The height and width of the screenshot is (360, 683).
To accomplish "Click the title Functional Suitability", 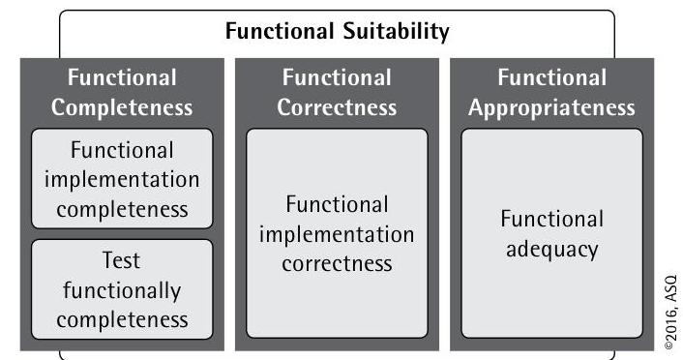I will (337, 32).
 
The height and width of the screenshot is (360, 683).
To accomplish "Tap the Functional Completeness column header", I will (122, 92).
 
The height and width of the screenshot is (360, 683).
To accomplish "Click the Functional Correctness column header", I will (337, 92).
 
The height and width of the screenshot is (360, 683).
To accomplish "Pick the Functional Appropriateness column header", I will (551, 92).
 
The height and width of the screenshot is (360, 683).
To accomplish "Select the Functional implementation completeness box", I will (122, 180).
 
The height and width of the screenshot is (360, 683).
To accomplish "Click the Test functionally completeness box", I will (122, 289).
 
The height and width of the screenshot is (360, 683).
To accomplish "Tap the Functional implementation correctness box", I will (337, 233).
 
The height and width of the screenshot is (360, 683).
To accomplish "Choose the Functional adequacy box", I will (551, 233).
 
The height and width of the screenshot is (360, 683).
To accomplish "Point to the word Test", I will (122, 261).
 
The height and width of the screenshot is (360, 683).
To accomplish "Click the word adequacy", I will (551, 249).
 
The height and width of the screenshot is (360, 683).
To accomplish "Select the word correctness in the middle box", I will (337, 263).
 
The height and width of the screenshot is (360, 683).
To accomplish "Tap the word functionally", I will (122, 289).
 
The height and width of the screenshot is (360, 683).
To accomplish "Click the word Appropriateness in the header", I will (551, 106).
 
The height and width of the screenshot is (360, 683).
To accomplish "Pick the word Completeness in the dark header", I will (122, 106).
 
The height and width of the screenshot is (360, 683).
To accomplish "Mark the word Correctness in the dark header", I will (337, 106).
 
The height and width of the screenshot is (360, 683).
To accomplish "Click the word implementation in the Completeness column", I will (122, 180).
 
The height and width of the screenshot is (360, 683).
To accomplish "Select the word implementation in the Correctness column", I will (337, 234).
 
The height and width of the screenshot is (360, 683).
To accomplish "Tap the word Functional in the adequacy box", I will (551, 219).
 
